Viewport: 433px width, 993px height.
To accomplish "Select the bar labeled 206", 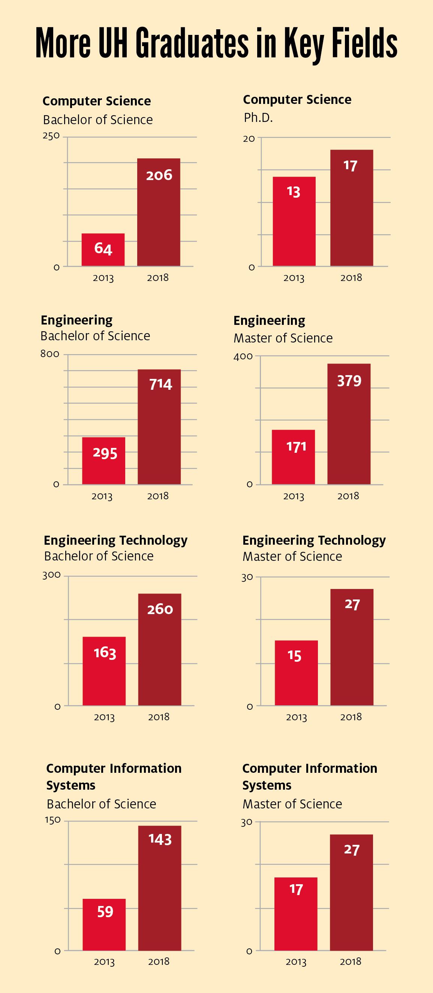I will pos(159,212).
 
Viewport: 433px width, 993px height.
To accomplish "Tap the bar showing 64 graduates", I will pos(103,249).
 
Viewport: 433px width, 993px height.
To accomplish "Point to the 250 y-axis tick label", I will pos(51,136).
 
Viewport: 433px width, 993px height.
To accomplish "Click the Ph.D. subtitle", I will pos(258,117).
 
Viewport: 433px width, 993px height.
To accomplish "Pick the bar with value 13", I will pos(294,221).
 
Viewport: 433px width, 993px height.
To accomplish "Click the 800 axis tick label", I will pos(50,354).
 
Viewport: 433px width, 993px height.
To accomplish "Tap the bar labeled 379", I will pos(349,424).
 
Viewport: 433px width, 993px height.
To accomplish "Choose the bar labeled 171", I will pos(293,457).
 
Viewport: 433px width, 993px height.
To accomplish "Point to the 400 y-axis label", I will pos(243,356).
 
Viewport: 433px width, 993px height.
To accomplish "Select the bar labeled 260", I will pos(159,649).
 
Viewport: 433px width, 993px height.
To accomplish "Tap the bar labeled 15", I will pos(296,673).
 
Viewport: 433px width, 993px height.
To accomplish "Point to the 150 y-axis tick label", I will pos(53,820).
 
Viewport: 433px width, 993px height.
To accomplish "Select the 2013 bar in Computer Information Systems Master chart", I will pos(296,913).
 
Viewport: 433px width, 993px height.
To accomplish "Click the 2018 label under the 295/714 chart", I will pos(158,496).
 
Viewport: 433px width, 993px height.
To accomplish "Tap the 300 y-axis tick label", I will pos(52,575).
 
